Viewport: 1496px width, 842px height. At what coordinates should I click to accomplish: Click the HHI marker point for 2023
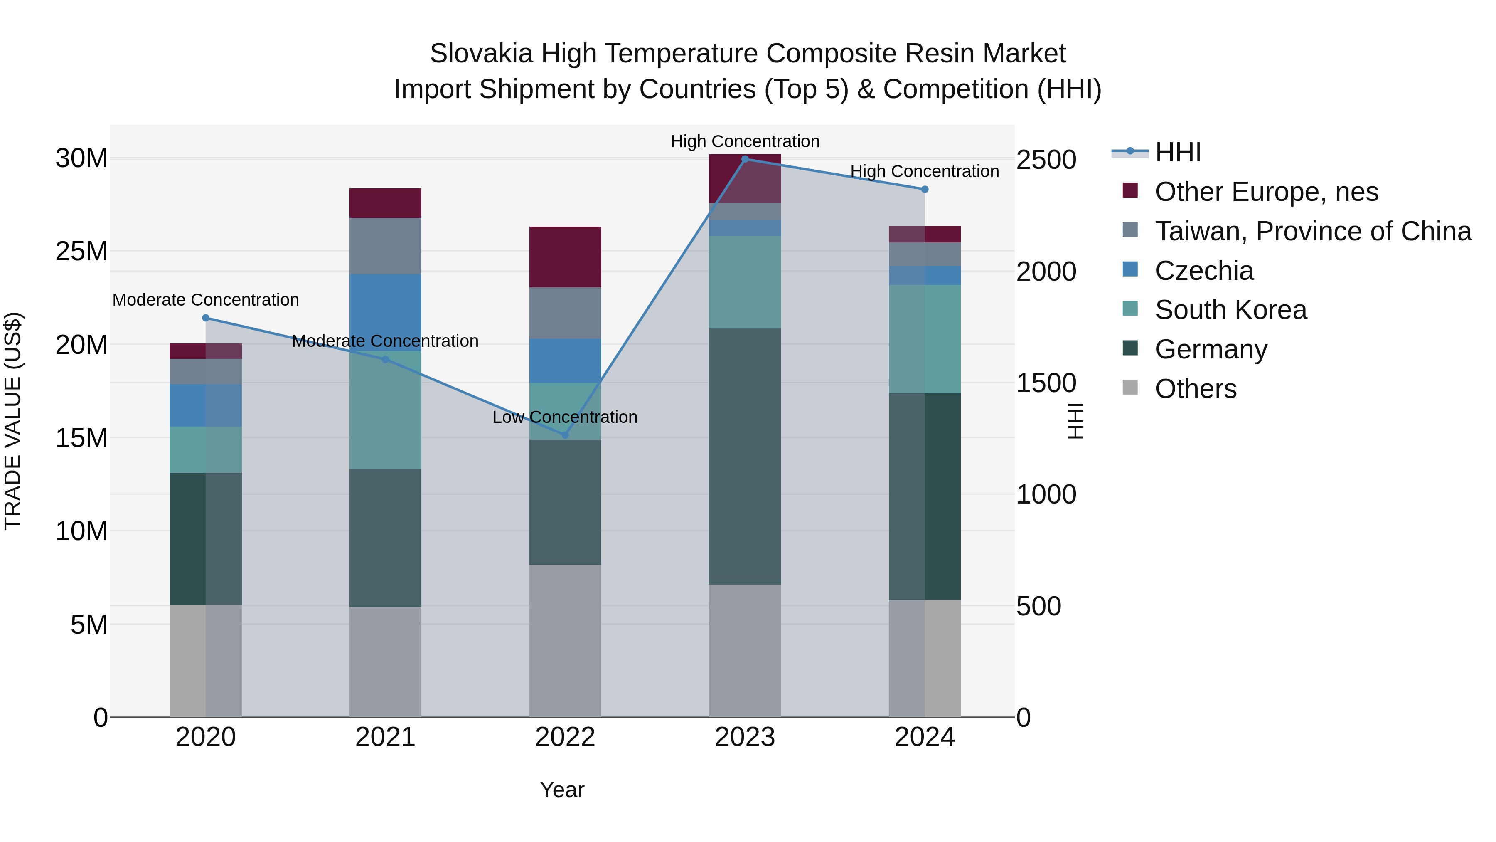[x=745, y=159]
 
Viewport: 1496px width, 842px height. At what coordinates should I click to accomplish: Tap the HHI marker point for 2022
[x=565, y=435]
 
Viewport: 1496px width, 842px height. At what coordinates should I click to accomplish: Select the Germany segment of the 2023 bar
[x=745, y=456]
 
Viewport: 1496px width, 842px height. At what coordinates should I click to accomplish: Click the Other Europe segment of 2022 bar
[x=565, y=257]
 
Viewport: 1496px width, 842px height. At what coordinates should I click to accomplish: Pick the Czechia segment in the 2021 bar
[x=385, y=312]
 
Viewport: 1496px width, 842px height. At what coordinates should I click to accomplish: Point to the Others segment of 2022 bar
[x=565, y=640]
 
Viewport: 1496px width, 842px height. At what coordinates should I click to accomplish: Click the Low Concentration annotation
[x=565, y=417]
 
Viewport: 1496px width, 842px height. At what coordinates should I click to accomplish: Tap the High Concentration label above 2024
[x=925, y=171]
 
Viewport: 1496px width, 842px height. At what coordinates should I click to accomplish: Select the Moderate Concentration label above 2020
[x=206, y=300]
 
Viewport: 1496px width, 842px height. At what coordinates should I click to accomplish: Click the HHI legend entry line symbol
[x=1129, y=152]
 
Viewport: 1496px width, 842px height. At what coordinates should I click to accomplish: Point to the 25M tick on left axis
[x=81, y=252]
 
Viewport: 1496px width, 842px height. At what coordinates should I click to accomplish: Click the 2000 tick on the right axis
[x=1046, y=272]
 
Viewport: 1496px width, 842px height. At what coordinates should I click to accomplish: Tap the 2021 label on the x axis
[x=385, y=737]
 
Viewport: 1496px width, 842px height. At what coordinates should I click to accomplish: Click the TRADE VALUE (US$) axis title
[x=13, y=421]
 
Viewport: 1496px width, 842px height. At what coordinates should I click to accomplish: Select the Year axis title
[x=561, y=790]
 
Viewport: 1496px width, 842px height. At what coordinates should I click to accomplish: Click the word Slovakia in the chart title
[x=481, y=54]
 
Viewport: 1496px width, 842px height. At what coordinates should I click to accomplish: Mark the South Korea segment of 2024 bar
[x=925, y=339]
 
